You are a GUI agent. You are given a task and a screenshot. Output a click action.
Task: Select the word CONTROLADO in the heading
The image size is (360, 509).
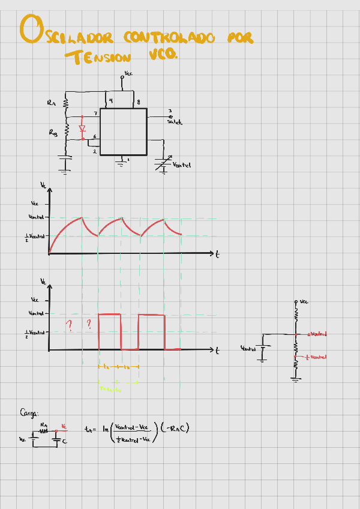[169, 38]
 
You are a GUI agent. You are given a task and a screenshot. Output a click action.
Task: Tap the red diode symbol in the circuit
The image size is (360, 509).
[83, 128]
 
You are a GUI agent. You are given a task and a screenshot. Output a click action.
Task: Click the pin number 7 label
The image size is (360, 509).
[95, 114]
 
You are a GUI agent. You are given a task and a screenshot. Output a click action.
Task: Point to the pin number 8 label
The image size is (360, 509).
[139, 103]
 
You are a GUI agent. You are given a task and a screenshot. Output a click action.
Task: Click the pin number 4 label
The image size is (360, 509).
[111, 100]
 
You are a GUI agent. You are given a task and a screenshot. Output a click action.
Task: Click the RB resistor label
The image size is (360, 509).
[53, 133]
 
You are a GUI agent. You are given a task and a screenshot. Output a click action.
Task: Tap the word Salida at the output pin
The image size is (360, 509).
[175, 122]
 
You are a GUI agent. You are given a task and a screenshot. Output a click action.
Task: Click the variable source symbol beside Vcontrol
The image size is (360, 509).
[163, 163]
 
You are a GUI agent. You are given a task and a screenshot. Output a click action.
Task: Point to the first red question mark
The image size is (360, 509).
[69, 326]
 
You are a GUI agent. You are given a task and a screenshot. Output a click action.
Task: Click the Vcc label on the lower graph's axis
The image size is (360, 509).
[35, 300]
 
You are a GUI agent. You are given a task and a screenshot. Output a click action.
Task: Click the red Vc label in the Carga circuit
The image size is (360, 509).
[64, 427]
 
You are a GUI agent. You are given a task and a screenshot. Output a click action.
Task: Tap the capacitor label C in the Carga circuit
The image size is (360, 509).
[65, 441]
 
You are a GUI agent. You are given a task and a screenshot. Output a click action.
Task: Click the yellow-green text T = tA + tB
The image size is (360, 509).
[110, 389]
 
